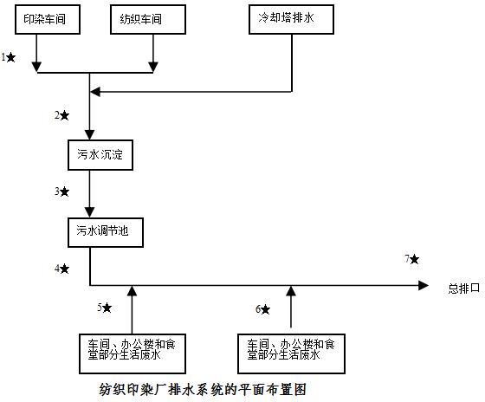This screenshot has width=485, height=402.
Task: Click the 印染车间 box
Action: tap(48, 20)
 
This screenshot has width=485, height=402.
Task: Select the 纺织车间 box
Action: tap(148, 20)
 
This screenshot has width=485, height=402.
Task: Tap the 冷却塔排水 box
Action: tap(291, 20)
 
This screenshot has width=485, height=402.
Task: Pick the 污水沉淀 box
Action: tap(100, 155)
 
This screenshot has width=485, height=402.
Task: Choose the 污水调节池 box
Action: tap(106, 232)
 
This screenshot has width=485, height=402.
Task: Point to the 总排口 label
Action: tap(464, 289)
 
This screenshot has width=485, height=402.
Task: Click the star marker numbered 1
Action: tap(10, 57)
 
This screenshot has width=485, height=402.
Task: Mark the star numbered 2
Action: tap(65, 116)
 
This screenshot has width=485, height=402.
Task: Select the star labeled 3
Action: tap(64, 191)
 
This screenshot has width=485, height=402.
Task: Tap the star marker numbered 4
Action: tap(64, 269)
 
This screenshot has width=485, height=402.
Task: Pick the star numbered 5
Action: tap(107, 308)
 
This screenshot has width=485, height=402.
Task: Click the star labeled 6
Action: tap(265, 309)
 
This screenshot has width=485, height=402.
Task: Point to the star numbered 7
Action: tap(415, 259)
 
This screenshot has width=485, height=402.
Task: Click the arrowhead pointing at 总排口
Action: tap(424, 285)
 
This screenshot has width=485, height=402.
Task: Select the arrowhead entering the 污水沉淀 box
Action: tap(90, 135)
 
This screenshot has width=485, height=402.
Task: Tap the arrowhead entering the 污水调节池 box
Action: tap(90, 212)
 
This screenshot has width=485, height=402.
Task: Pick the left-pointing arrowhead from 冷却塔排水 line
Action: tap(95, 92)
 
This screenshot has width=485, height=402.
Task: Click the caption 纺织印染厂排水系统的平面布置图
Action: tap(203, 389)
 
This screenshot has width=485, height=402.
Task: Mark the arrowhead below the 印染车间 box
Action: tap(36, 67)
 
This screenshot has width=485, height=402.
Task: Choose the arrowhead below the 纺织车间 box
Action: tap(153, 67)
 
